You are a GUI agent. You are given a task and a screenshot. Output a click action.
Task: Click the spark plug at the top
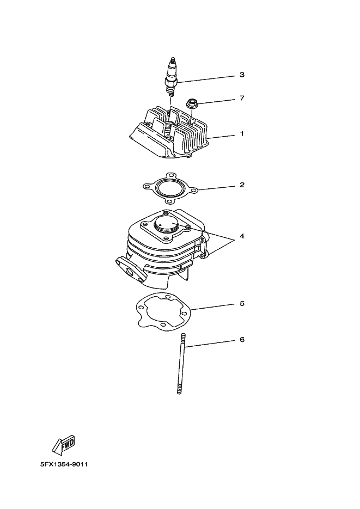pyautogui.click(x=172, y=77)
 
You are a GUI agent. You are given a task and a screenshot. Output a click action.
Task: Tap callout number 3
pyautogui.click(x=242, y=75)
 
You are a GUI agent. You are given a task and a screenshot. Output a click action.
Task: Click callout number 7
pyautogui.click(x=242, y=97)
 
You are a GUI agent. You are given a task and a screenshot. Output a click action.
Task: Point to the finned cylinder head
pyautogui.click(x=169, y=133)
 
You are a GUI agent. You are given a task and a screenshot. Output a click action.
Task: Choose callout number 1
pyautogui.click(x=242, y=133)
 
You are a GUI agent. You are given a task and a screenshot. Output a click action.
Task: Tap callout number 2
pyautogui.click(x=242, y=185)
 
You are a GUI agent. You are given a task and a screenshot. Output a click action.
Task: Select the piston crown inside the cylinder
pyautogui.click(x=166, y=224)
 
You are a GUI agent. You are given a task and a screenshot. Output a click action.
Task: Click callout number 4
pyautogui.click(x=242, y=236)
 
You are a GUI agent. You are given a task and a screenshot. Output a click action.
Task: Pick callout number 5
pyautogui.click(x=242, y=304)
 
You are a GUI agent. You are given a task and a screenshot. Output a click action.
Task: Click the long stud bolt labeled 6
pyautogui.click(x=181, y=364)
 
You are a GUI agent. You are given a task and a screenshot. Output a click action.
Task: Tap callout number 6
pyautogui.click(x=242, y=340)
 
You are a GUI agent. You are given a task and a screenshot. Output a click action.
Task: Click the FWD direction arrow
pyautogui.click(x=64, y=444)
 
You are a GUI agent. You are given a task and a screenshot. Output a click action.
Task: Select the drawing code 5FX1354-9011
pyautogui.click(x=64, y=464)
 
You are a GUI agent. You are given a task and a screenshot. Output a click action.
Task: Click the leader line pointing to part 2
pyautogui.click(x=216, y=188)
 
